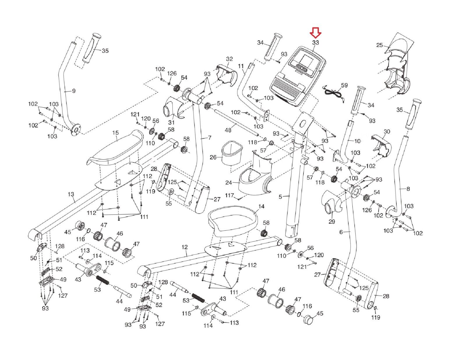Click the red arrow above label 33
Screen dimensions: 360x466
(x=315, y=33)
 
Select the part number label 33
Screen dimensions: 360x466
(x=315, y=43)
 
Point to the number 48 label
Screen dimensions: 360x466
(x=228, y=130)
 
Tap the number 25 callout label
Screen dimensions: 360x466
(x=379, y=45)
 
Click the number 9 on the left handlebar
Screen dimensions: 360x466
(x=74, y=91)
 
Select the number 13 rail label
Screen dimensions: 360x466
(x=71, y=194)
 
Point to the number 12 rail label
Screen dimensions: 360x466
(x=184, y=247)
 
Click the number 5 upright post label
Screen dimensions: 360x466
(x=280, y=197)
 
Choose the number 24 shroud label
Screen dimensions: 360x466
(x=229, y=183)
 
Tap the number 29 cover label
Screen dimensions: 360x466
(x=332, y=222)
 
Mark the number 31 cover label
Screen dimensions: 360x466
(x=171, y=122)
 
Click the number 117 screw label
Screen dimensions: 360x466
(x=230, y=195)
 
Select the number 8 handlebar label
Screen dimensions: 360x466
(x=408, y=189)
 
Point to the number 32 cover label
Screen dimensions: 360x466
(x=230, y=59)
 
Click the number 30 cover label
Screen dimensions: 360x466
(x=386, y=132)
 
